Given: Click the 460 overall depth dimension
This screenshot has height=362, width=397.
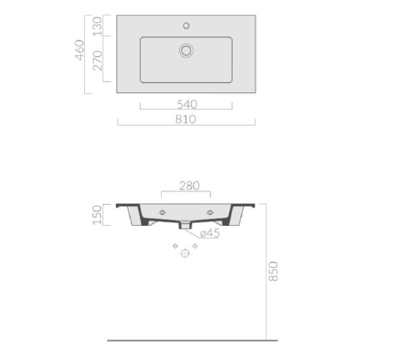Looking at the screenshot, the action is (80, 50).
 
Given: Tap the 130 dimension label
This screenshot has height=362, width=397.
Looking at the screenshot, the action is (98, 26).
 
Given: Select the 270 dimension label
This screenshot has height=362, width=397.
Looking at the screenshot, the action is (98, 61).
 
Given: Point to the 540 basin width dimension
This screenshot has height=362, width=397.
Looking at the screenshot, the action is (187, 104).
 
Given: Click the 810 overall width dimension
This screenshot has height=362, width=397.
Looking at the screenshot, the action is (185, 119).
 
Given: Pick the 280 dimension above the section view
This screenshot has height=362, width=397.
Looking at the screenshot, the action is (189, 186).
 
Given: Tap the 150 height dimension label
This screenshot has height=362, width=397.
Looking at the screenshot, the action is (97, 215).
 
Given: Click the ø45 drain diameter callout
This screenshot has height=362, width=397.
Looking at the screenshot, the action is (210, 233).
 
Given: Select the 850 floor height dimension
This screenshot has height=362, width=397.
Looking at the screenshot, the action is (274, 272).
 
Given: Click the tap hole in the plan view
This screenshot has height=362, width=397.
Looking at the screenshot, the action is (186, 26).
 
